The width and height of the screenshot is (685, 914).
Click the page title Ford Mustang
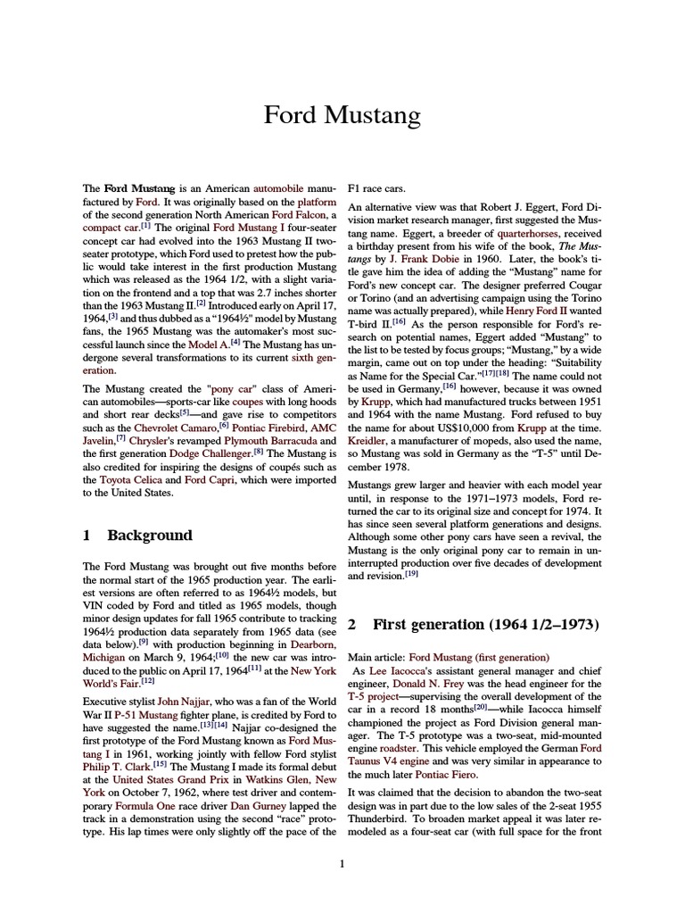(x=342, y=116)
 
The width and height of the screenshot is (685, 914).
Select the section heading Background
(x=149, y=536)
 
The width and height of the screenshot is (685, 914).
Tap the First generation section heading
(x=485, y=623)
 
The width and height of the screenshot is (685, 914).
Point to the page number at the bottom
(x=342, y=863)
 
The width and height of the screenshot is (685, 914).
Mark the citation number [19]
(x=411, y=576)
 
